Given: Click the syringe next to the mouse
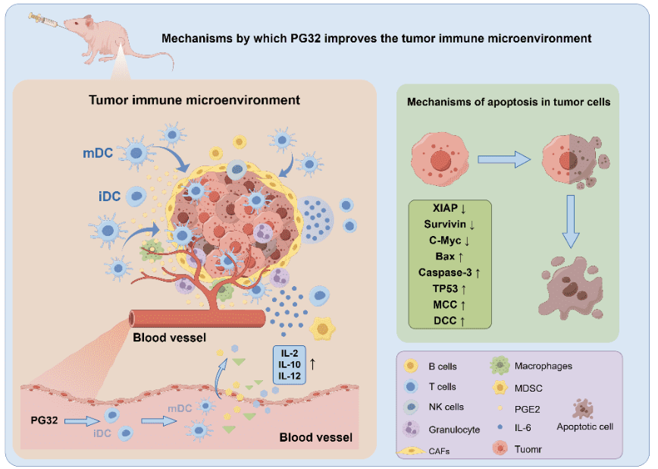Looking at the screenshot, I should tap(45, 21).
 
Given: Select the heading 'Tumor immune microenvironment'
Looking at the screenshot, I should tap(195, 99).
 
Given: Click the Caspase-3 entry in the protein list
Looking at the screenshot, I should tap(450, 271).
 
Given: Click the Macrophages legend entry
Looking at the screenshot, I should tap(542, 366).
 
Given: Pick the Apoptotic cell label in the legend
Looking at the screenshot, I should tap(584, 426).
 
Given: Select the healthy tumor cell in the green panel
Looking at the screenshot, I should tap(438, 159).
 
